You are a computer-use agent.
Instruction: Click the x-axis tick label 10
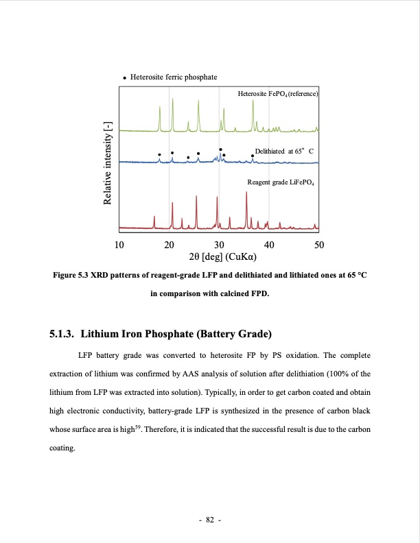coord(119,245)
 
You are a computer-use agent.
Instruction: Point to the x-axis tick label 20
coord(170,245)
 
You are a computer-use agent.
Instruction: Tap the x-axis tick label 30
coord(219,245)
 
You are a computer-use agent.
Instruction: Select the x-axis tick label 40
coord(269,245)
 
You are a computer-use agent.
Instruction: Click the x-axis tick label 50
coord(318,245)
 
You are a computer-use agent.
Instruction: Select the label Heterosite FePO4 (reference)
coord(278,93)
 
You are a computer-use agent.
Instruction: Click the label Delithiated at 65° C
coord(283,150)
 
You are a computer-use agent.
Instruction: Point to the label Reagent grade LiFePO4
coord(280,182)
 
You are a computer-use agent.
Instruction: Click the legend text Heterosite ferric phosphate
coord(174,77)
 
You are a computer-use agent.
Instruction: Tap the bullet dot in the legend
coord(124,78)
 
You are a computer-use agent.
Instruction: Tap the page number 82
coord(209,520)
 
